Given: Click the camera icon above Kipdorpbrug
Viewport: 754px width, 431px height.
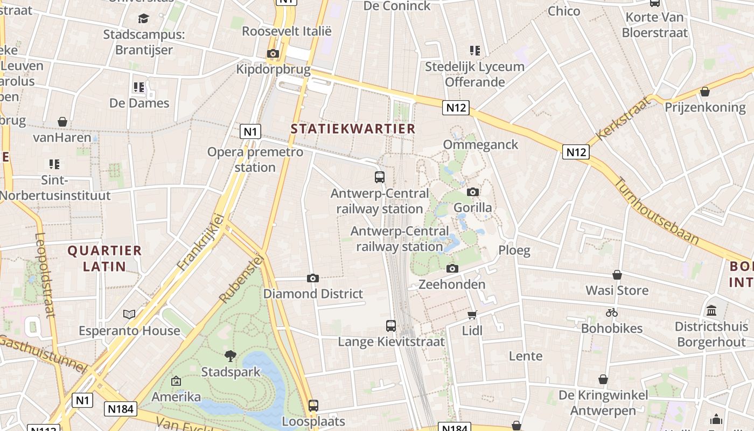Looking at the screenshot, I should (273, 53).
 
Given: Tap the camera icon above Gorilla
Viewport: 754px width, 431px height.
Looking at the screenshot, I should (473, 192).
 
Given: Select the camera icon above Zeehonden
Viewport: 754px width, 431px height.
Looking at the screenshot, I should (452, 268).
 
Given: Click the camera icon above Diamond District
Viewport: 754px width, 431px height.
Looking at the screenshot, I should (313, 278).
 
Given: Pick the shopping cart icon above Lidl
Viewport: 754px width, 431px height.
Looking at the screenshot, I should (472, 315).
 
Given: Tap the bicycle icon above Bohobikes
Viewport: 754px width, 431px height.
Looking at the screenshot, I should (611, 312).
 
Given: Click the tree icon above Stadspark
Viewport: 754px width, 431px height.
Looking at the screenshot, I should (231, 356).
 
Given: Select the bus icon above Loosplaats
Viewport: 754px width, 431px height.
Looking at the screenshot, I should (313, 405).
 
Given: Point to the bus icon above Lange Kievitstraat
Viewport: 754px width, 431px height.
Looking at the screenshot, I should (391, 325).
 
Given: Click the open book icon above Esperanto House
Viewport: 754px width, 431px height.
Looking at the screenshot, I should (129, 314).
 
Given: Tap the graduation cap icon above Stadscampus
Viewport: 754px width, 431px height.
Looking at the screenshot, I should (143, 19).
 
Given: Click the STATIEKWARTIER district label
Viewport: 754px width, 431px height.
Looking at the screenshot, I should (353, 129).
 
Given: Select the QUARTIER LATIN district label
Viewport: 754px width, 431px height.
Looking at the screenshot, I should (104, 258).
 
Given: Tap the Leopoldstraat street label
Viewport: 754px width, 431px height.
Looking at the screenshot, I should (44, 275).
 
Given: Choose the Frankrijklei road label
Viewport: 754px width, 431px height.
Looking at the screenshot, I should (200, 242).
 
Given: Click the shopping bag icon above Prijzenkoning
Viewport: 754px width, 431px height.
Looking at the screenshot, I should (705, 92).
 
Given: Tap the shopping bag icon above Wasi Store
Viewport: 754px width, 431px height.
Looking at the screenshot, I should (617, 275).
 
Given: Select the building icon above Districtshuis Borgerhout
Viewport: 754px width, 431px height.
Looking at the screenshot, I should (711, 311).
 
